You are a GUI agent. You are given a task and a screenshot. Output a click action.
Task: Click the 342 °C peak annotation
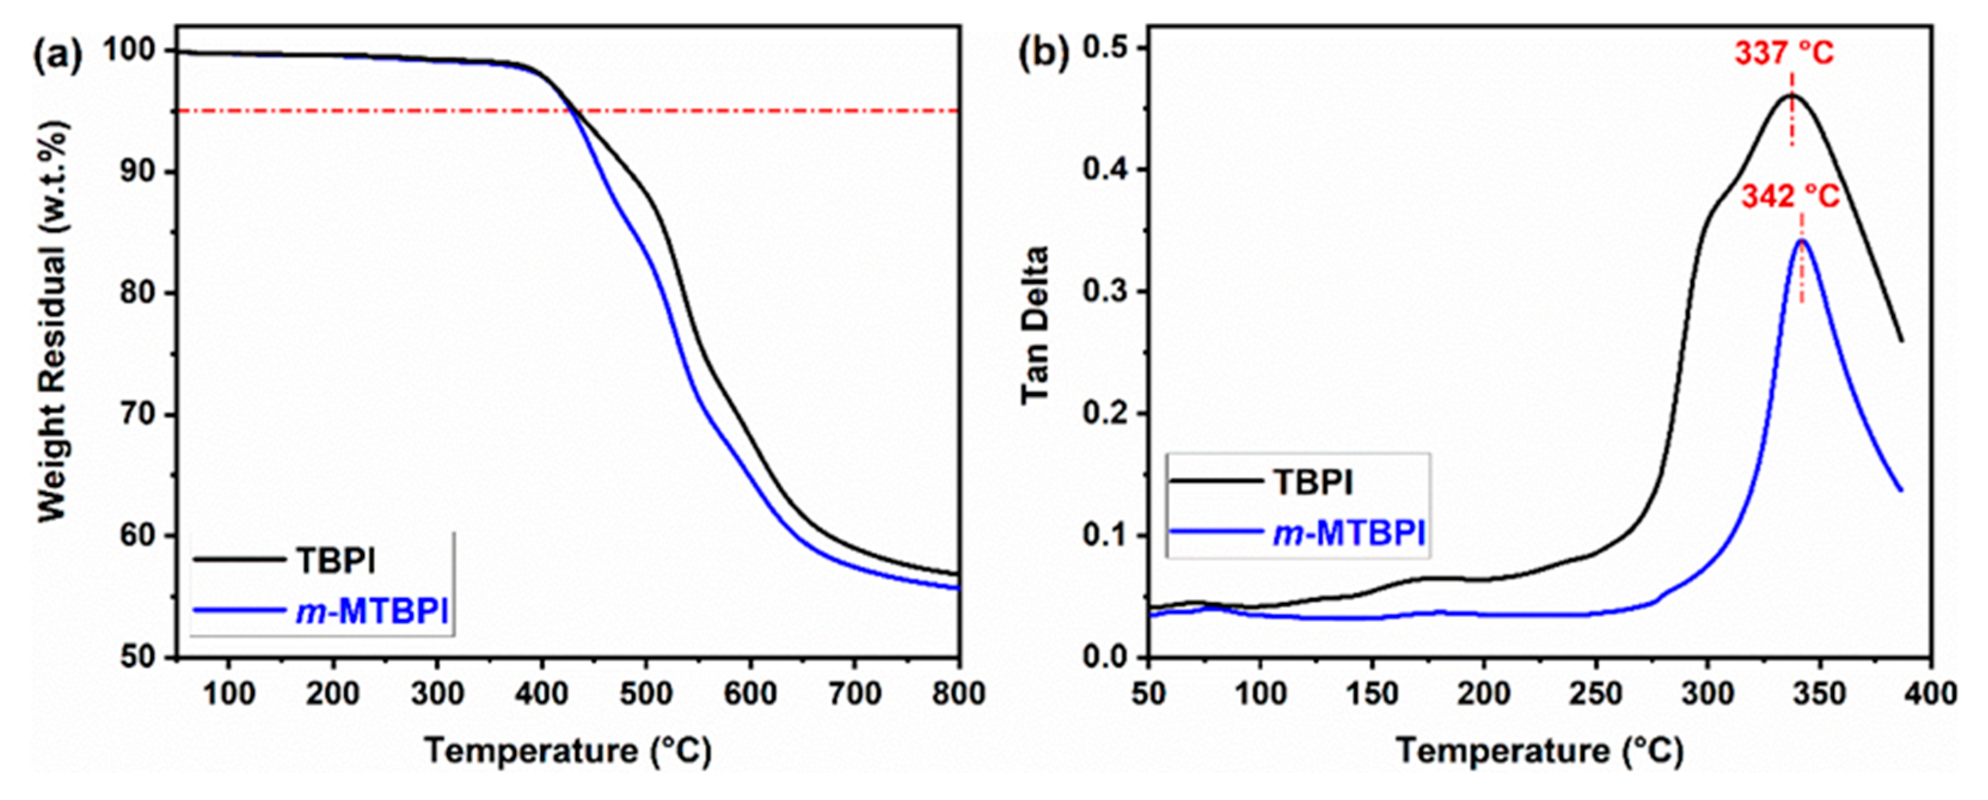1790,198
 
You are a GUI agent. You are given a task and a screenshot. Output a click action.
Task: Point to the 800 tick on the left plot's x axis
959,694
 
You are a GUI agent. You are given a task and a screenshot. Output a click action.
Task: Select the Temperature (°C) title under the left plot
568,752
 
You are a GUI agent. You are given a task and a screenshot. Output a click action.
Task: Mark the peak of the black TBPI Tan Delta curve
1764,117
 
